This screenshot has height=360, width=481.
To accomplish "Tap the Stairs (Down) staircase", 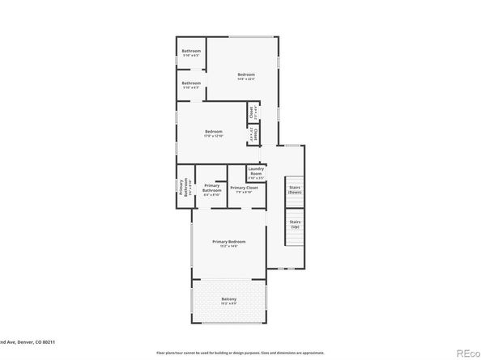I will [295, 189].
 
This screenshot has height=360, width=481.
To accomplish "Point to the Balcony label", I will [229, 299].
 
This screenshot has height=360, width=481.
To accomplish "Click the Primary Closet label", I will [245, 187].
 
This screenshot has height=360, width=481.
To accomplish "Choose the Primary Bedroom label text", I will [229, 242].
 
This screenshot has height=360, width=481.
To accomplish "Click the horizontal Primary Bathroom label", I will [212, 188].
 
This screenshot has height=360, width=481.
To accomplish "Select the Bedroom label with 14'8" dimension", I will [246, 74].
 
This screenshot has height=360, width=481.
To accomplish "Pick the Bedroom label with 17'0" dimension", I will [214, 132].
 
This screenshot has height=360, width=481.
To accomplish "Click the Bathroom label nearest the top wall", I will [191, 51].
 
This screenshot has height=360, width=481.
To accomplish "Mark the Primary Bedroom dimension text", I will [229, 247].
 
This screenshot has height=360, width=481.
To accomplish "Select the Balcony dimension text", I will [229, 304].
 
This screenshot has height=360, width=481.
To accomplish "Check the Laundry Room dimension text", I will [256, 178].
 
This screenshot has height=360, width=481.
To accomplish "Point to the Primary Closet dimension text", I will [245, 192].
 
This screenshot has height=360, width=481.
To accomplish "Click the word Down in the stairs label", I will [295, 192].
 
